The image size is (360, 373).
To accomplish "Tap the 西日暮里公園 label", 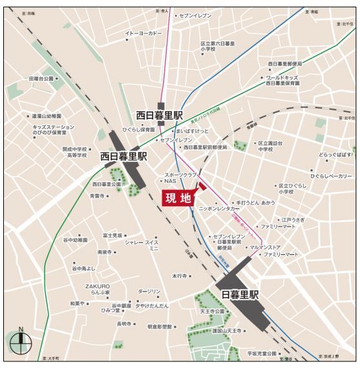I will (107, 184).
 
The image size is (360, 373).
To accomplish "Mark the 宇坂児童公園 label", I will (260, 354).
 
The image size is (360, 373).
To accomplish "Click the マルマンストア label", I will (265, 246).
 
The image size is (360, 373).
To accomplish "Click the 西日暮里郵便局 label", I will (285, 64).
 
